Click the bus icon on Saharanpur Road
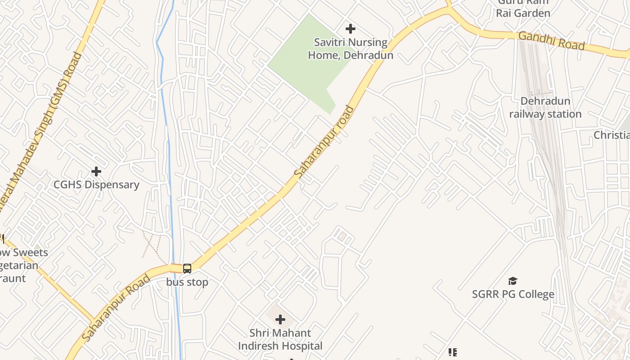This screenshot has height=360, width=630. coord(187,269)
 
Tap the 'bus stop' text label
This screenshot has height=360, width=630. coord(187,282)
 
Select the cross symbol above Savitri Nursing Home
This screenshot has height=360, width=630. coord(351,29)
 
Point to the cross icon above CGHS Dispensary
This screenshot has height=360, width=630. coord(96,171)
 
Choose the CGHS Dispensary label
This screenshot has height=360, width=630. coord(96,184)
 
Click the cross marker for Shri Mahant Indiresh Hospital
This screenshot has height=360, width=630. coord(280,320)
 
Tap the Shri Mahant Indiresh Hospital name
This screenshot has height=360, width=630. coord(280,339)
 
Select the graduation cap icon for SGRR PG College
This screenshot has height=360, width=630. coord(513,281)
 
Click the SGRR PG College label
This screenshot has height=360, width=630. coord(513,294)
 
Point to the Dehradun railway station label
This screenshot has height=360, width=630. coord(545,108)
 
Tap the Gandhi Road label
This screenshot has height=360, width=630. coord(551,41)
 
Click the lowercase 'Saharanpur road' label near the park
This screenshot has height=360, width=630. coord(323,141)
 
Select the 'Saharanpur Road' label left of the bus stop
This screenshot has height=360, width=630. coord(116,308)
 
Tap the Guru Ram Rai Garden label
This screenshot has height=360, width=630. coord(523,8)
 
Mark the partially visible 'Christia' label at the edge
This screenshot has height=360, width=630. coord(611,135)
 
